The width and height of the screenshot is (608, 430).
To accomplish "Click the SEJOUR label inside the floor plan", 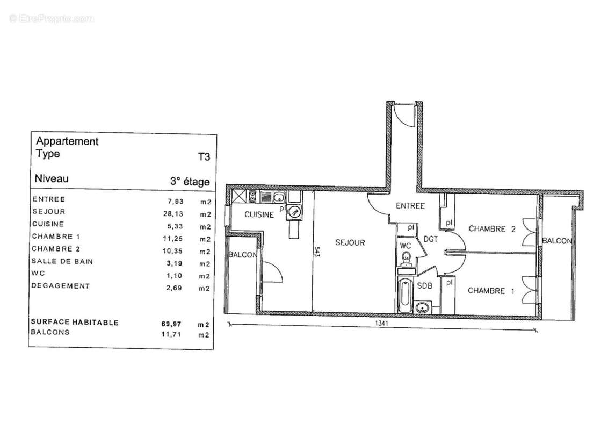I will [350, 242].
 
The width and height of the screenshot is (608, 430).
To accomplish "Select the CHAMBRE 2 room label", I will [492, 228].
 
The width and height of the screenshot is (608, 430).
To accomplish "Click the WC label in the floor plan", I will [406, 245].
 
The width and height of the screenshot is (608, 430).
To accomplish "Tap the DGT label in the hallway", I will [431, 238].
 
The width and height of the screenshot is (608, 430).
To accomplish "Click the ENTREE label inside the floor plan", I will [410, 206].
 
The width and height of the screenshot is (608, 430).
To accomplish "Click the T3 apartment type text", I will [204, 157].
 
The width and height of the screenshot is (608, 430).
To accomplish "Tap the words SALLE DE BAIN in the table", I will [62, 262].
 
